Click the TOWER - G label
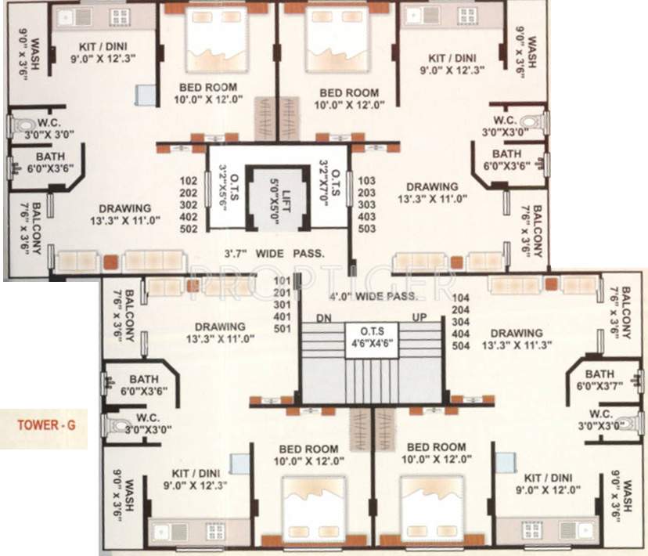tap(47, 426)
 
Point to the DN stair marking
tap(325, 317)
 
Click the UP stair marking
tap(420, 317)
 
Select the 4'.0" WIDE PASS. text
tap(373, 297)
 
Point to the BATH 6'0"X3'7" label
tap(599, 380)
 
